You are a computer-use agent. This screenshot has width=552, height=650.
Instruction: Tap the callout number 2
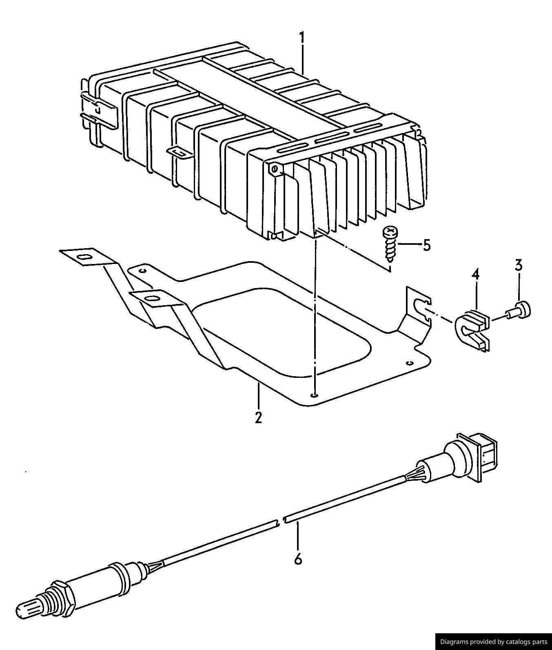click(x=258, y=418)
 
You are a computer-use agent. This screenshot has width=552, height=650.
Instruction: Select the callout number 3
click(x=519, y=266)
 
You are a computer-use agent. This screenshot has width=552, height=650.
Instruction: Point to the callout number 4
click(x=476, y=274)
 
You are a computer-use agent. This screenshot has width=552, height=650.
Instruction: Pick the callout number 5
click(x=426, y=245)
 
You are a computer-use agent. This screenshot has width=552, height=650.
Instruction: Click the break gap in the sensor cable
click(x=281, y=521)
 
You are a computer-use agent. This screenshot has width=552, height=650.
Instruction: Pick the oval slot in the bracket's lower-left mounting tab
click(x=152, y=298)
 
